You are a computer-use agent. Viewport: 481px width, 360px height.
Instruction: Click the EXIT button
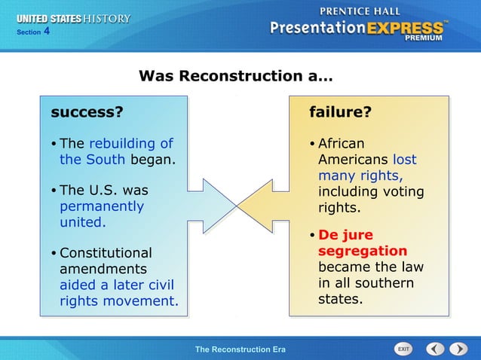coord(404,349)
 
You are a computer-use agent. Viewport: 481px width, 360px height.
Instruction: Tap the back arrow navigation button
coord(435,349)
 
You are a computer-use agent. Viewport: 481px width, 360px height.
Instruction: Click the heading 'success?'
coord(87,112)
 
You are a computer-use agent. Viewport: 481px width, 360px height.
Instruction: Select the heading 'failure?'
coord(340,112)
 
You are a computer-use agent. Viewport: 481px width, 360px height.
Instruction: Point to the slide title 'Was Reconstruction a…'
coord(236,76)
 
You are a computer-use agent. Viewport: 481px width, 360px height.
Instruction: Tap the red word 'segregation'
coord(362,251)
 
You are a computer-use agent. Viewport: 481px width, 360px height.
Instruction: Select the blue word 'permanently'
coord(102,206)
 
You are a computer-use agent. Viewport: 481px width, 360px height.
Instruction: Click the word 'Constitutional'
coord(106,253)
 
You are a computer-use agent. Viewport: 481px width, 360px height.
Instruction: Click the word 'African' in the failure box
coord(341,143)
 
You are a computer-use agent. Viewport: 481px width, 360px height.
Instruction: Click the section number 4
coord(47,31)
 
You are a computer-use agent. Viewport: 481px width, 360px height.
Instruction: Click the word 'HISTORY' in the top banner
coord(106,18)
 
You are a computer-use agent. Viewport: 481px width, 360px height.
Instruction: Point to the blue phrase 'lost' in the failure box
coord(404,160)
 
